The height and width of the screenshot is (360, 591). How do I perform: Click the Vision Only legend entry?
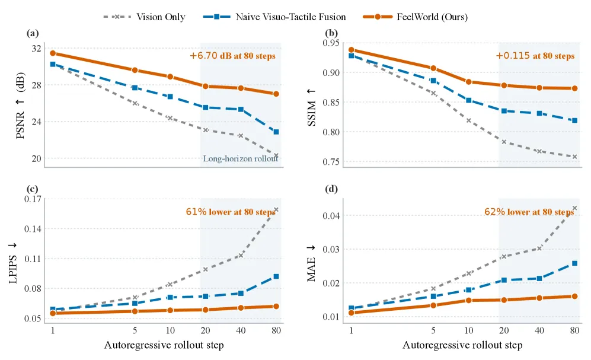pyautogui.click(x=145, y=17)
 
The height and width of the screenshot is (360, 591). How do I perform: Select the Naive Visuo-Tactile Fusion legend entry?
pyautogui.click(x=274, y=17)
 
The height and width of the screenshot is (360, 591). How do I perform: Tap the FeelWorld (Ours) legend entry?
pyautogui.click(x=416, y=17)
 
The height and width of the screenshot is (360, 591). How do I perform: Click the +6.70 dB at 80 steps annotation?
pyautogui.click(x=232, y=56)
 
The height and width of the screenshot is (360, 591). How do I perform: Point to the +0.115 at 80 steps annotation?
pyautogui.click(x=535, y=56)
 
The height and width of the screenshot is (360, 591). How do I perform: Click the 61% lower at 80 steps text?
pyautogui.click(x=231, y=212)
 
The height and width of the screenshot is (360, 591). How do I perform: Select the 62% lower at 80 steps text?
pyautogui.click(x=529, y=212)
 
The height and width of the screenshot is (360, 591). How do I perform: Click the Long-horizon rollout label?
pyautogui.click(x=241, y=158)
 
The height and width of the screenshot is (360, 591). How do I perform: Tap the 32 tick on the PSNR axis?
pyautogui.click(x=37, y=48)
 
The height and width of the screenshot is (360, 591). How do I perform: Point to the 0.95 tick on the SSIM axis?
pyautogui.click(x=331, y=43)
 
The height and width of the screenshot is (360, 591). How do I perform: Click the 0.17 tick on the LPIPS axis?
pyautogui.click(x=33, y=199)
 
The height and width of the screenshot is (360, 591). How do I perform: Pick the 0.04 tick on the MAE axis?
pyautogui.click(x=331, y=216)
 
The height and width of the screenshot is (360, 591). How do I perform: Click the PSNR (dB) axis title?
pyautogui.click(x=20, y=106)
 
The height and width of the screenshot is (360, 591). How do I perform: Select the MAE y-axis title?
pyautogui.click(x=311, y=263)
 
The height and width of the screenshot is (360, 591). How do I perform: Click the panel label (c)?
pyautogui.click(x=33, y=189)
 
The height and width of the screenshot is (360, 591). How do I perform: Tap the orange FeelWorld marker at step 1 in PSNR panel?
pyautogui.click(x=53, y=53)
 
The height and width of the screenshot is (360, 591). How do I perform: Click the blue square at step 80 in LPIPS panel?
pyautogui.click(x=276, y=276)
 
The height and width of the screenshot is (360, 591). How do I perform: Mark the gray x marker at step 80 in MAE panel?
pyautogui.click(x=575, y=208)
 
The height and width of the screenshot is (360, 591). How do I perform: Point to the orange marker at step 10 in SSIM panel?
pyautogui.click(x=468, y=82)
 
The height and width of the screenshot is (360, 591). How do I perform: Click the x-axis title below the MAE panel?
pyautogui.click(x=462, y=345)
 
